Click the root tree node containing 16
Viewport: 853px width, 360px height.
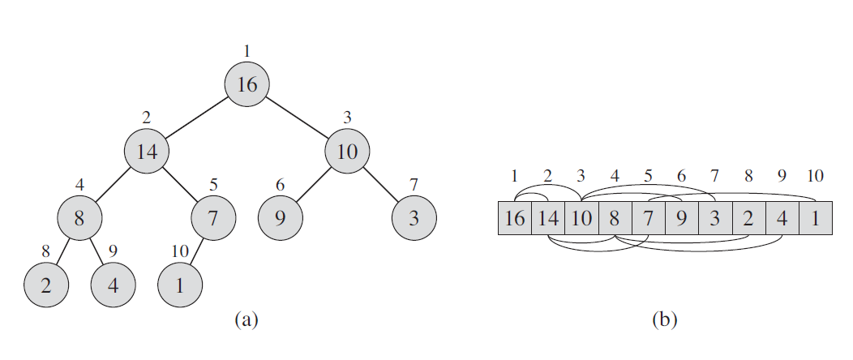[x=247, y=84]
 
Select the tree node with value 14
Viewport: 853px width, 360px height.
[x=146, y=151]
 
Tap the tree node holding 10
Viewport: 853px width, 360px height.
[x=347, y=151]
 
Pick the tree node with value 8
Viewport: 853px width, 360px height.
[x=79, y=217]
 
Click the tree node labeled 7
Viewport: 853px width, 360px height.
[x=213, y=217]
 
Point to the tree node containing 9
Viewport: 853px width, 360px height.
[x=281, y=217]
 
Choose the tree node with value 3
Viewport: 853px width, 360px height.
[x=414, y=217]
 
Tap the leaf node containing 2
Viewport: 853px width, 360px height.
[x=46, y=285]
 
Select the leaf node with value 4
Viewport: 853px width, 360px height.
[x=113, y=285]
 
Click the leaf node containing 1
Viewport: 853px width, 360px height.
[x=179, y=285]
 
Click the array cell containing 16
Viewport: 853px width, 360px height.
[x=515, y=218]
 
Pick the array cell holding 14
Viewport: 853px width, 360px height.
[x=548, y=218]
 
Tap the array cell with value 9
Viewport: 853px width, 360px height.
[x=682, y=218]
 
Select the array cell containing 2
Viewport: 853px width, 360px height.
[x=748, y=218]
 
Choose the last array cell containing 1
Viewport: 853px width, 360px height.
[x=815, y=218]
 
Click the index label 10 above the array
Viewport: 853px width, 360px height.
[x=815, y=177]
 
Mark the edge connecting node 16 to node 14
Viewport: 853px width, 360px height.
[x=197, y=118]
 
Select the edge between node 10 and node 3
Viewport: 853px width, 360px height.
[x=380, y=184]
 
